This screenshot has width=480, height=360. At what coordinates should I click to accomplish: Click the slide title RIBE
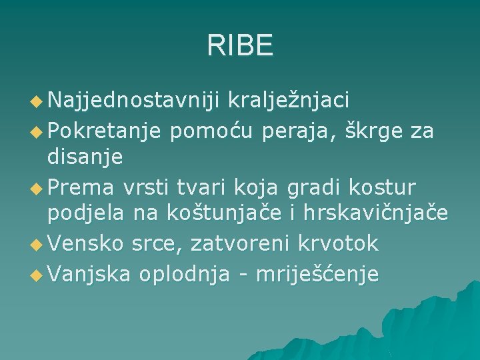point(240,46)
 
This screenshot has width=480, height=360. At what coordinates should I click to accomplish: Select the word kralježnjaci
point(289,101)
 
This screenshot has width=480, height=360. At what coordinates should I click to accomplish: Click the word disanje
point(85,158)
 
